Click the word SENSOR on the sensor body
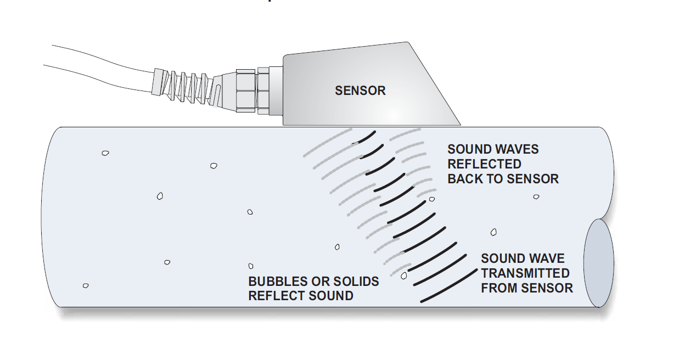coord(360,91)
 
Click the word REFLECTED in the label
coord(484,164)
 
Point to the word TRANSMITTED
coord(525,273)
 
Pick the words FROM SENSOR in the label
coord(527,288)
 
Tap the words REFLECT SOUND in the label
coord(301,296)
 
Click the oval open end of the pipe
coord(598,263)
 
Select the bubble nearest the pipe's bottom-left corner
coord(86,285)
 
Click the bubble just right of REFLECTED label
coord(536,196)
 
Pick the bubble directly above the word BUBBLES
coord(251,266)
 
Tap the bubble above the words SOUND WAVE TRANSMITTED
coord(493,232)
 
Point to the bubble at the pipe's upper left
coord(105,153)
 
